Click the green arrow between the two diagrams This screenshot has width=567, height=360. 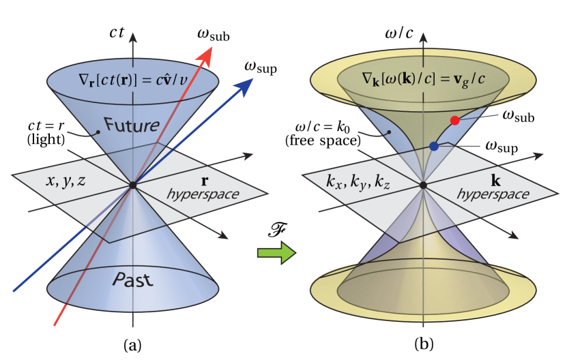coord(276,253)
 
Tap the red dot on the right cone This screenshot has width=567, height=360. coord(454,121)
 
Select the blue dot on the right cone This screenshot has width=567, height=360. coord(434,146)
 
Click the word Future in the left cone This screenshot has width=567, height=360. coord(132,125)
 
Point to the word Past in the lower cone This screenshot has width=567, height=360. coord(132,280)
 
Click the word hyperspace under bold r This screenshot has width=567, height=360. coord(203,194)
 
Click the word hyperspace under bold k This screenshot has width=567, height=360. coord(493,194)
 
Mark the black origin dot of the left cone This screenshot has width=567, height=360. coord(133,185)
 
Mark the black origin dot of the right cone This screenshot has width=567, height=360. coord(424,185)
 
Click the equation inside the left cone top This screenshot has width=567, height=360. coord(133,83)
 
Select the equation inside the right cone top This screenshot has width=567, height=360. coord(424,83)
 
